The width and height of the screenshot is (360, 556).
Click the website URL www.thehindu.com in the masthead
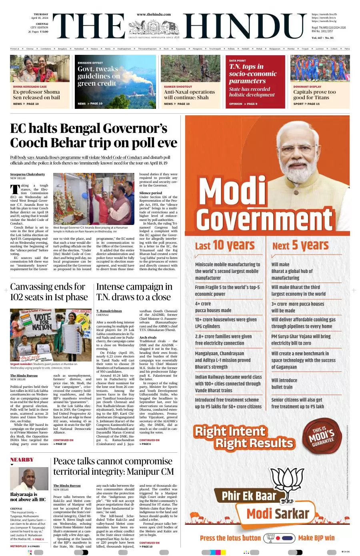(154, 14)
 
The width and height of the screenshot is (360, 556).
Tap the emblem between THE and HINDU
(154, 28)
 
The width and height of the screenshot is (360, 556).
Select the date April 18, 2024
(40, 18)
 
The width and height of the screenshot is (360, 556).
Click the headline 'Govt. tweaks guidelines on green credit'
(98, 76)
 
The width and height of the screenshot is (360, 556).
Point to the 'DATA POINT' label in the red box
(238, 60)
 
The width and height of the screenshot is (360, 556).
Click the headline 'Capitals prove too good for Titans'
(314, 94)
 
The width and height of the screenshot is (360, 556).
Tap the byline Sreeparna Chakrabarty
(28, 175)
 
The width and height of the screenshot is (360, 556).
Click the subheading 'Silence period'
(150, 193)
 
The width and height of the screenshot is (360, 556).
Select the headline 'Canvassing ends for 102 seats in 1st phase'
(49, 292)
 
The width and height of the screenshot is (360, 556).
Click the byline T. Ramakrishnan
(109, 311)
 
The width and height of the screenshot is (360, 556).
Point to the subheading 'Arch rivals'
(148, 337)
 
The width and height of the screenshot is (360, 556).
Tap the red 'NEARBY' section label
(22, 460)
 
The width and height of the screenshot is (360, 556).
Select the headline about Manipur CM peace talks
(114, 466)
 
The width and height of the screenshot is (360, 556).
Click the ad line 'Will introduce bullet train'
(284, 384)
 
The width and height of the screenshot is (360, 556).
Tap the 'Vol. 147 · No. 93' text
(322, 38)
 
